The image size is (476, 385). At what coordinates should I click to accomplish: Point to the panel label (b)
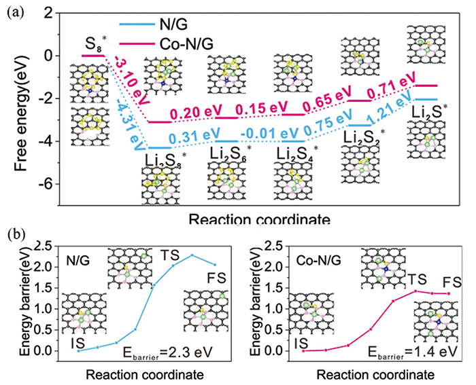15,234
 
